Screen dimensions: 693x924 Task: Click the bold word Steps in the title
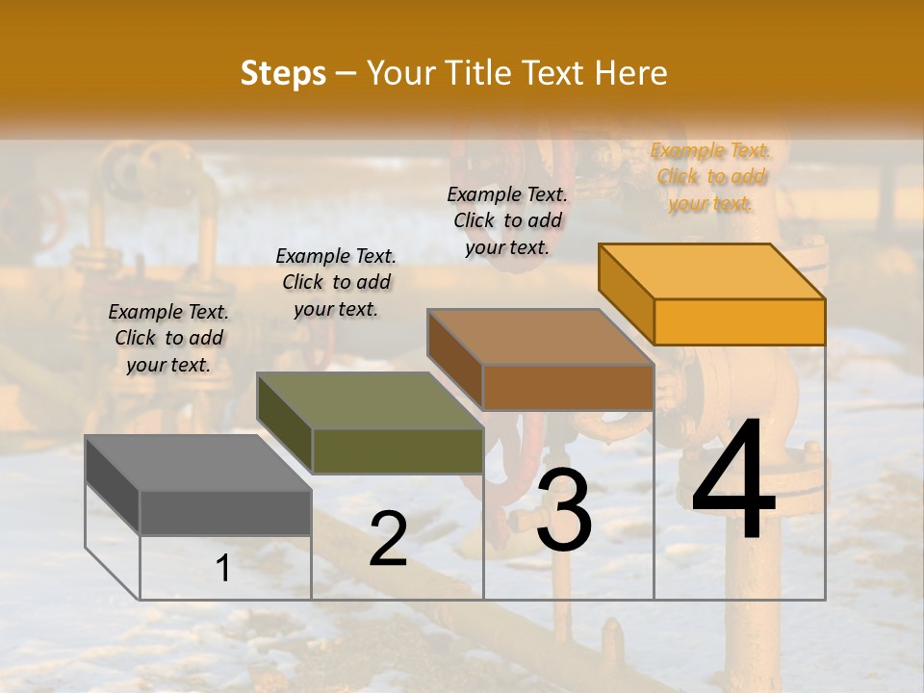tap(283, 73)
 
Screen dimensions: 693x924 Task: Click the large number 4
tap(733, 481)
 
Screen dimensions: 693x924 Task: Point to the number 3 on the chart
tap(564, 510)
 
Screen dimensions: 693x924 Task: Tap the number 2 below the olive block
tap(388, 539)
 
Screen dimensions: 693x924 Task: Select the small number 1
tap(223, 568)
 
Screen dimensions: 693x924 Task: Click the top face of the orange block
tap(712, 270)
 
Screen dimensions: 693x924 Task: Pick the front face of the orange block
tap(739, 321)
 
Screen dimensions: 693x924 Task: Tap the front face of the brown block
tap(568, 388)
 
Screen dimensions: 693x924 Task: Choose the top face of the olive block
tap(370, 400)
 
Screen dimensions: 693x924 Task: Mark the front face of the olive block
tap(398, 450)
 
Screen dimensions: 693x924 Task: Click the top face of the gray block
tap(198, 462)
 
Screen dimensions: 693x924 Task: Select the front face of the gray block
tap(225, 512)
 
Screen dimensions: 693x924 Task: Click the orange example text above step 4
tap(710, 177)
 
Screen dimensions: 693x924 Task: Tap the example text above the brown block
tap(508, 220)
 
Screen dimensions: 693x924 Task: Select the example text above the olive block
tap(336, 282)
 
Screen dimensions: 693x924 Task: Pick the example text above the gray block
tap(168, 338)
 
